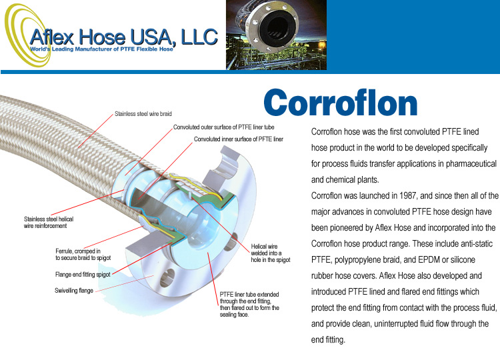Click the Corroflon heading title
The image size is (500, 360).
tap(341, 103)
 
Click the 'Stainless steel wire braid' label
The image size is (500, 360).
tap(143, 114)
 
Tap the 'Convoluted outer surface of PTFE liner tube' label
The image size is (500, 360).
tap(223, 127)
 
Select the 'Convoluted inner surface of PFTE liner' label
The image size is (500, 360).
tap(239, 139)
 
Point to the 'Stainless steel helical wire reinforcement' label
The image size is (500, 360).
tap(49, 223)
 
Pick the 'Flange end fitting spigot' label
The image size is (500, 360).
tap(83, 275)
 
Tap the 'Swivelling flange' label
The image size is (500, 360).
tap(74, 291)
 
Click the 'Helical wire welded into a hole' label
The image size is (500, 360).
tap(271, 253)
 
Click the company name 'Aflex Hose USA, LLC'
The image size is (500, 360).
tap(124, 37)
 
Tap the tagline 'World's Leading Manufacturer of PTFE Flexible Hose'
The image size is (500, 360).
tap(101, 49)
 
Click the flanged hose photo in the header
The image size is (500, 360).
tap(276, 35)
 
